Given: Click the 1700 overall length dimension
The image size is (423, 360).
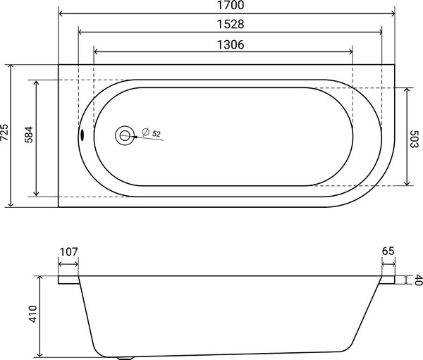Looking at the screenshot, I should point(227,6).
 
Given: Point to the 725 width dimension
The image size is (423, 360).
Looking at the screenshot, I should point(6,134).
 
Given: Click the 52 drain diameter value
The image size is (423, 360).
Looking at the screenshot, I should point(157,133).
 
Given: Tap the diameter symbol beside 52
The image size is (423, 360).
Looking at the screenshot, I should point(144,132).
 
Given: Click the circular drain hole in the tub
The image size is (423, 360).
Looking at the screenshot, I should point(125,135).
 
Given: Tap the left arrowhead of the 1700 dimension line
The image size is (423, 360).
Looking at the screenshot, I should point(61,13).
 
